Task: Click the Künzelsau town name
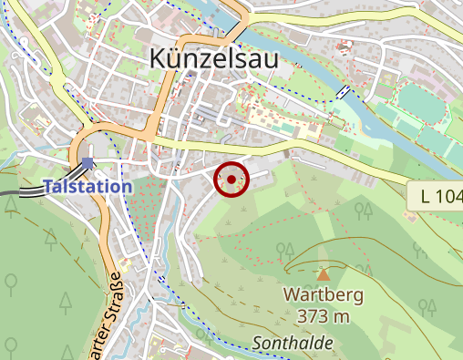pyautogui.click(x=213, y=60)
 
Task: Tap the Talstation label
pyautogui.click(x=87, y=186)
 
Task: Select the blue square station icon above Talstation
pyautogui.click(x=87, y=164)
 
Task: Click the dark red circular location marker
pyautogui.click(x=231, y=179)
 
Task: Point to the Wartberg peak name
pyautogui.click(x=324, y=295)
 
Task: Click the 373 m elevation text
pyautogui.click(x=324, y=316)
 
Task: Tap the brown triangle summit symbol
pyautogui.click(x=324, y=273)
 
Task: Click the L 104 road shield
pyautogui.click(x=437, y=195)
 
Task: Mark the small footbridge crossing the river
pyautogui.click(x=343, y=93)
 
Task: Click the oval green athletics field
pyautogui.click(x=419, y=100)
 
